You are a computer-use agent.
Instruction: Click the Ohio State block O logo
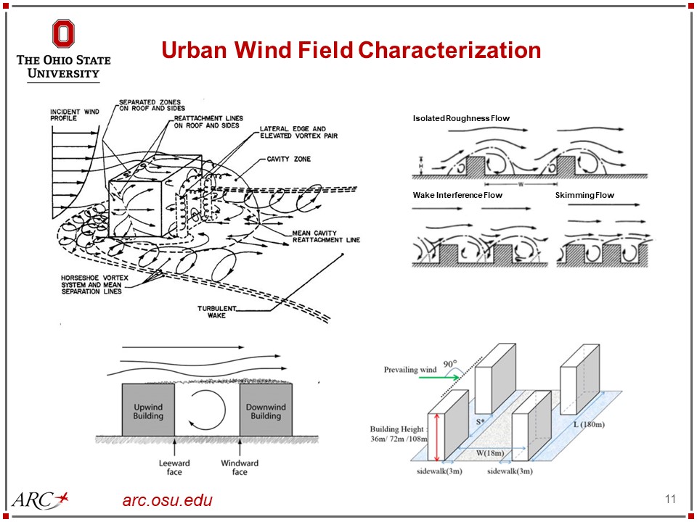click(x=63, y=34)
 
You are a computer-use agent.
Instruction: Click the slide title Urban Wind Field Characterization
click(x=351, y=50)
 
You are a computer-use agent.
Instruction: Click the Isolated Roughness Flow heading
click(x=461, y=117)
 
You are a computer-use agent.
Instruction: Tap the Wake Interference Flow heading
click(x=457, y=195)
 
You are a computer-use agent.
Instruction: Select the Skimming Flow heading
click(x=584, y=195)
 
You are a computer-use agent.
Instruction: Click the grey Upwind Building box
click(x=148, y=410)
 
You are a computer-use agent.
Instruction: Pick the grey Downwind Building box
click(x=266, y=410)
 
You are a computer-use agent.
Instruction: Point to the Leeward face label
click(x=174, y=468)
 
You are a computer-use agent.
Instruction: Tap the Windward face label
click(x=240, y=468)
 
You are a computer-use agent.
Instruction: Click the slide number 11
click(x=669, y=499)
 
